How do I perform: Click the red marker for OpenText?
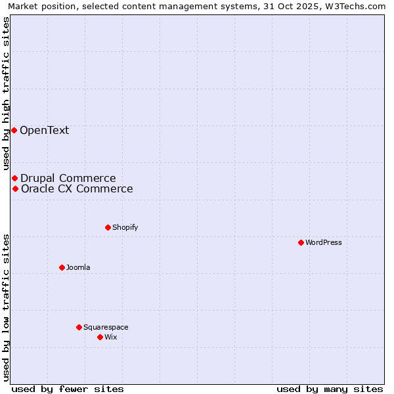14,130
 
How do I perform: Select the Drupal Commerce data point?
14,178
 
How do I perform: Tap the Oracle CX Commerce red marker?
15,188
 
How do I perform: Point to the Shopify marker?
108,227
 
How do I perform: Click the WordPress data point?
301,242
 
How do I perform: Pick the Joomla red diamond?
62,267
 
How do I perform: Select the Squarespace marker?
79,327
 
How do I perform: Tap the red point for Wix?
100,337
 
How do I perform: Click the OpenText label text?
44,130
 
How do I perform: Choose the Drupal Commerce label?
68,178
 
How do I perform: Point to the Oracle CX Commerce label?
77,189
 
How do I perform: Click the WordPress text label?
324,242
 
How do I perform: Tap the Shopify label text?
125,227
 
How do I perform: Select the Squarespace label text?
106,327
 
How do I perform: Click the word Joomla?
78,267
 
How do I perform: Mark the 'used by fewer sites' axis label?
68,389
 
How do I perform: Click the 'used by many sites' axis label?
330,389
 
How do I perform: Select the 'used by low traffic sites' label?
6,307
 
